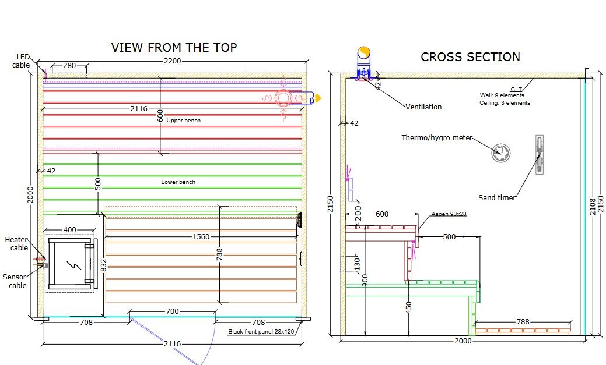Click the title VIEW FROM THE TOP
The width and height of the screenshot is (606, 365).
click(174, 48)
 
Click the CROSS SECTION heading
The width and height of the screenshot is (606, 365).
click(470, 57)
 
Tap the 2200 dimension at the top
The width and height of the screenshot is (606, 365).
click(172, 61)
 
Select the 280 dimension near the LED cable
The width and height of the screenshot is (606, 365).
click(69, 66)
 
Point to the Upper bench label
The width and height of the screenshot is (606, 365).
click(184, 121)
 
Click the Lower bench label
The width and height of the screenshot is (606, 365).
click(178, 182)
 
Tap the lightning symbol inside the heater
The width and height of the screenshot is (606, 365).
click(74, 265)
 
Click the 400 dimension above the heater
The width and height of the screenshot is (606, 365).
click(69, 229)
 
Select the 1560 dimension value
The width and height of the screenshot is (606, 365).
click(201, 236)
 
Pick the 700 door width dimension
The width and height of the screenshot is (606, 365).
click(173, 311)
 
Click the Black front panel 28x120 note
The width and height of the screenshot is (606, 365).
click(261, 331)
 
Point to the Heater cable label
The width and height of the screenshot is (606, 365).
click(16, 243)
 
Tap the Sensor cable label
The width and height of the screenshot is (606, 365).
click(15, 281)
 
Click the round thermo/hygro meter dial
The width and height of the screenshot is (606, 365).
click(501, 153)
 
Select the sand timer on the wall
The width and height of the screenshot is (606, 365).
click(540, 155)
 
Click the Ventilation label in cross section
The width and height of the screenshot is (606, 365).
click(423, 107)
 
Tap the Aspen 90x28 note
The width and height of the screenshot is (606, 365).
click(449, 214)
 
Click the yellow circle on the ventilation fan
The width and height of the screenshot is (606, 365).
click(364, 52)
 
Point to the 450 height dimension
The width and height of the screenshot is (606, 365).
click(408, 307)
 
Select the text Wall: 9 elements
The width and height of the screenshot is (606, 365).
click(502, 95)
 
